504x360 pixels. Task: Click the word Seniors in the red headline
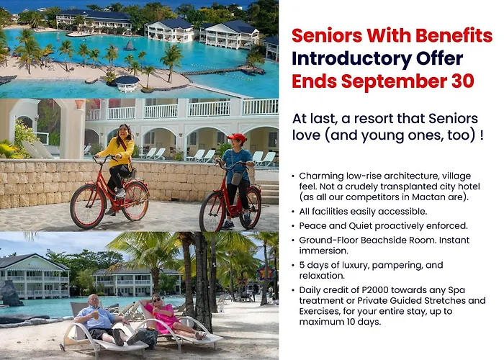pyautogui.click(x=327, y=35)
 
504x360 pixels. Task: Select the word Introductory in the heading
pyautogui.click(x=351, y=58)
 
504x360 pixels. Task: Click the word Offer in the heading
pyautogui.click(x=440, y=58)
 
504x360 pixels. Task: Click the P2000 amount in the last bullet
pyautogui.click(x=375, y=290)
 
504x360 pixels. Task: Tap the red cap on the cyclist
pyautogui.click(x=237, y=138)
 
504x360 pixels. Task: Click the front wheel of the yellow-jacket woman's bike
pyautogui.click(x=87, y=206)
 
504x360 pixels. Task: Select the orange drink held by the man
pyautogui.click(x=96, y=315)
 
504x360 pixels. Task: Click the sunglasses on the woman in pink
pyautogui.click(x=157, y=300)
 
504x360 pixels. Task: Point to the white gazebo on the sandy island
pyautogui.click(x=127, y=84)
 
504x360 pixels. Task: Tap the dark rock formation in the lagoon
pyautogui.click(x=130, y=46)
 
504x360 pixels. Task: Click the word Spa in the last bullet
pyautogui.click(x=456, y=291)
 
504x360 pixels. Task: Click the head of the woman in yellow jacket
pyautogui.click(x=124, y=131)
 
